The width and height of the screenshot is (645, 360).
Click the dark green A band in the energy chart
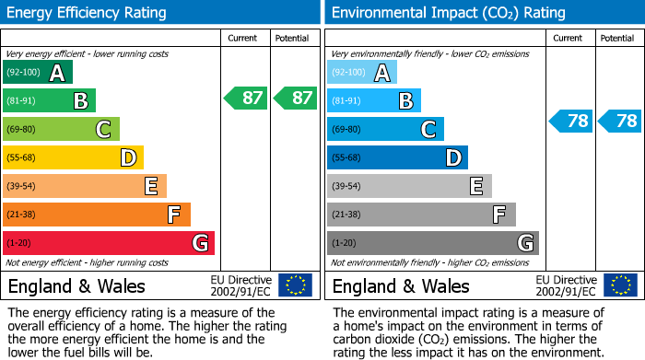point(38,73)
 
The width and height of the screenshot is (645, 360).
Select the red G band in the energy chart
point(109,243)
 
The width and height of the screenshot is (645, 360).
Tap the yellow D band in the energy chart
point(73,157)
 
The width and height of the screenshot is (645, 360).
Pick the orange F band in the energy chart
point(97,215)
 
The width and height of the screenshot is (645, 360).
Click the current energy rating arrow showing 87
point(246,98)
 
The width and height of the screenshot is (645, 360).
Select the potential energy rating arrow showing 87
point(295,98)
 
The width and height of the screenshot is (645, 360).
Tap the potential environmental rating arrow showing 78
point(619,121)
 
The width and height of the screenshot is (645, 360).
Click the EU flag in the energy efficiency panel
point(295,285)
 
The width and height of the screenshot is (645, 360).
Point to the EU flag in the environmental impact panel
point(619,285)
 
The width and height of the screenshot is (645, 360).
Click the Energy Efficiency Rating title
point(87,13)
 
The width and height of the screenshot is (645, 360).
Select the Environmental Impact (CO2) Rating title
point(448,13)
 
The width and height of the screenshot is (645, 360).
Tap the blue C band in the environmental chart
point(385,129)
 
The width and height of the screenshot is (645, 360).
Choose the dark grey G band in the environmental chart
point(432,243)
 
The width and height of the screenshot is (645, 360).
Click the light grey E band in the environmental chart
point(409,186)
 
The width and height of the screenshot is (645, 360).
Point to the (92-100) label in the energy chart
point(23,73)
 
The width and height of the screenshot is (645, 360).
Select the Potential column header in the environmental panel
point(617,38)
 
